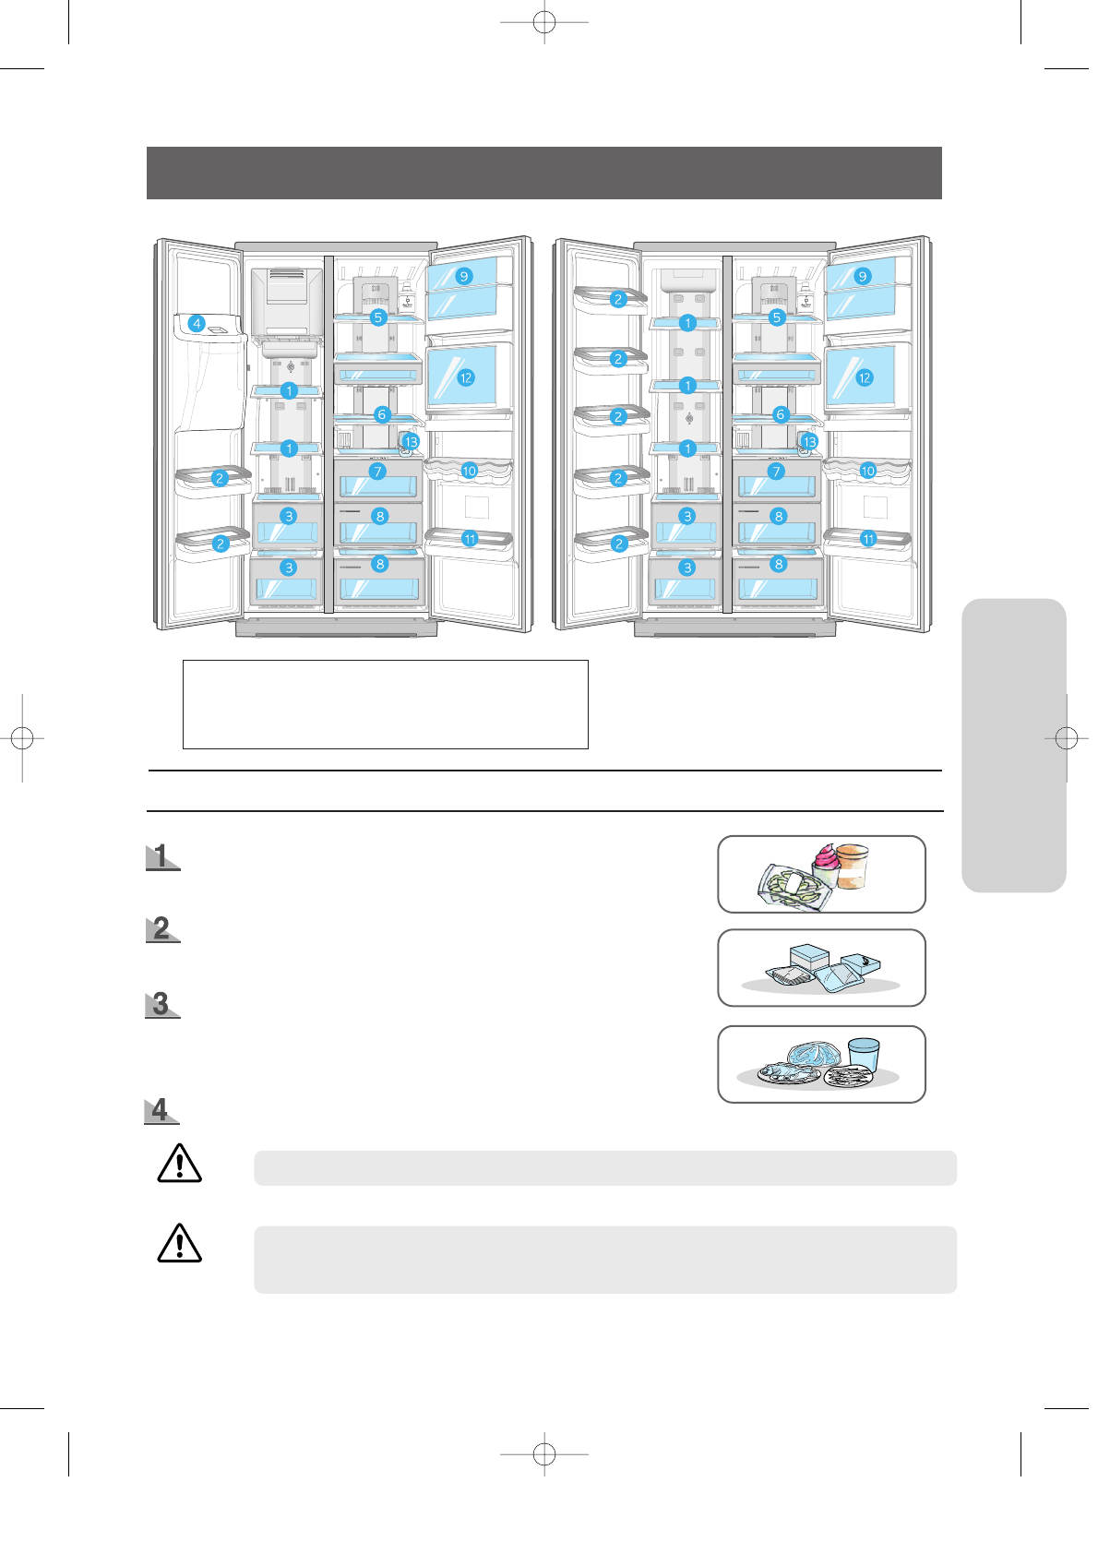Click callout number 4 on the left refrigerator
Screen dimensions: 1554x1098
[197, 323]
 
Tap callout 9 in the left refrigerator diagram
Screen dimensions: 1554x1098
[464, 276]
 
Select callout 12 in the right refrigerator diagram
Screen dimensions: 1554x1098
[864, 377]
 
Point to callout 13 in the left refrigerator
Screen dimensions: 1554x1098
[411, 442]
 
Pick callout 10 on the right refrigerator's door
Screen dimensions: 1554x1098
[867, 471]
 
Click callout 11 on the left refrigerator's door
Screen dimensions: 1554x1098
[470, 539]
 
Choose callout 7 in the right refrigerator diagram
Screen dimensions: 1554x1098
[776, 472]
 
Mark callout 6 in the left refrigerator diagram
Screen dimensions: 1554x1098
[382, 414]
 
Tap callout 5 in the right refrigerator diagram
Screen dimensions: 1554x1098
[777, 317]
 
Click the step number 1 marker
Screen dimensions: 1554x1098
[162, 856]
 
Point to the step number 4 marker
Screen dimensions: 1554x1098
[161, 1110]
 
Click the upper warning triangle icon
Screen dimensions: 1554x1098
[180, 1164]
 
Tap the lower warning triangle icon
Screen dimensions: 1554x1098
[180, 1243]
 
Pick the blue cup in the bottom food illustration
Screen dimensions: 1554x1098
[864, 1054]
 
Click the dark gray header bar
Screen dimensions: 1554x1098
[543, 173]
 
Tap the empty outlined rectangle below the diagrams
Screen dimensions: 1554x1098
[385, 704]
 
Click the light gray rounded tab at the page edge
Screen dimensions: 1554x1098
[1013, 745]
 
